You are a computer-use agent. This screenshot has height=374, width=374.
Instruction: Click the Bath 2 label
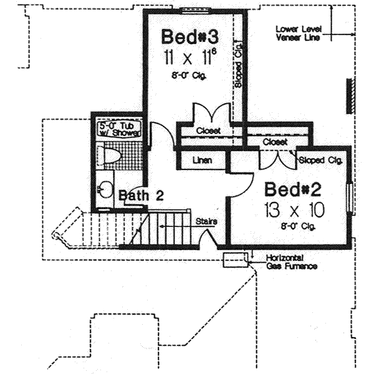click(141, 196)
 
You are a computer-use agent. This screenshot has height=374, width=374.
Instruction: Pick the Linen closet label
click(202, 160)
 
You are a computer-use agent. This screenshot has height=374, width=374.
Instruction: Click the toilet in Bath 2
click(113, 156)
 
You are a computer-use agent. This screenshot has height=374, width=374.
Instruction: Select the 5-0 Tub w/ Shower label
click(121, 129)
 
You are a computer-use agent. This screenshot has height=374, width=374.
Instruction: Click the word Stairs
click(206, 221)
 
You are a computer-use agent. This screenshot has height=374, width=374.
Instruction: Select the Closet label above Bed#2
click(274, 142)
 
